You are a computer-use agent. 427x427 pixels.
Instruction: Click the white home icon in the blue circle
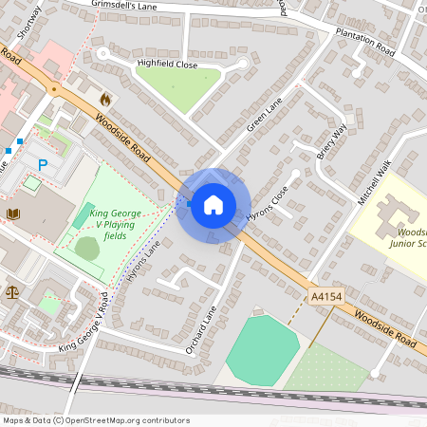click(x=213, y=204)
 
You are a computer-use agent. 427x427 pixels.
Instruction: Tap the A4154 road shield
click(x=326, y=298)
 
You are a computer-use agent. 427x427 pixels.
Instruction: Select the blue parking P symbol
click(x=43, y=165)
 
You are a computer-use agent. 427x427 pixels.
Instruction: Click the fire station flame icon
click(x=104, y=98)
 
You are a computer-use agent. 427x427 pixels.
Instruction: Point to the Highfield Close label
click(x=167, y=64)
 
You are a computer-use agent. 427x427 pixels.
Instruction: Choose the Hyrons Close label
click(x=266, y=203)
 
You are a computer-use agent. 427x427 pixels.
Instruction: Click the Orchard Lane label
click(x=201, y=328)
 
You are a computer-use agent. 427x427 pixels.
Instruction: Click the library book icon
click(x=13, y=214)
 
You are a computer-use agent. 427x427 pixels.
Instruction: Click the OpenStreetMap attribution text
click(x=96, y=420)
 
